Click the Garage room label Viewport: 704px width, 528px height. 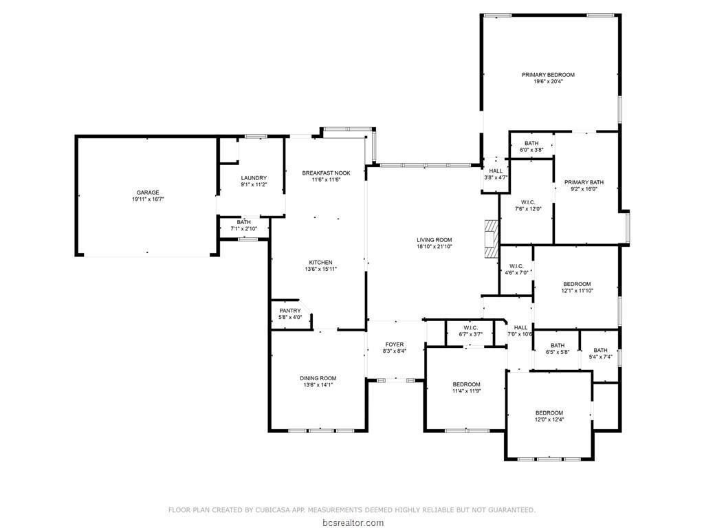(148, 192)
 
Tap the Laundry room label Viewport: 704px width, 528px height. (253, 178)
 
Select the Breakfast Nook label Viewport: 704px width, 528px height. (326, 173)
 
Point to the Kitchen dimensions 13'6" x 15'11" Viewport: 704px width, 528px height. (320, 269)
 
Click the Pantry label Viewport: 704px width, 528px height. (289, 311)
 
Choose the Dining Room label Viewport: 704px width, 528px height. (318, 378)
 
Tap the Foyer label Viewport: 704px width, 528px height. (394, 344)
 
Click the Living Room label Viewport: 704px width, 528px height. (434, 240)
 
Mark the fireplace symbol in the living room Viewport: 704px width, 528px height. (489, 239)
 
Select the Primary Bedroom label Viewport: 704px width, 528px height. (548, 74)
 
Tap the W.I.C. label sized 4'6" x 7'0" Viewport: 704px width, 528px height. (516, 266)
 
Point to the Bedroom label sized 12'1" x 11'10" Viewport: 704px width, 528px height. (577, 284)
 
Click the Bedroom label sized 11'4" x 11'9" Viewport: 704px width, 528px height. (466, 384)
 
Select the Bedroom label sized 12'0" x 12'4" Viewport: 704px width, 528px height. (549, 412)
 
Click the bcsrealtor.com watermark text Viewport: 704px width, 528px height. (351, 522)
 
